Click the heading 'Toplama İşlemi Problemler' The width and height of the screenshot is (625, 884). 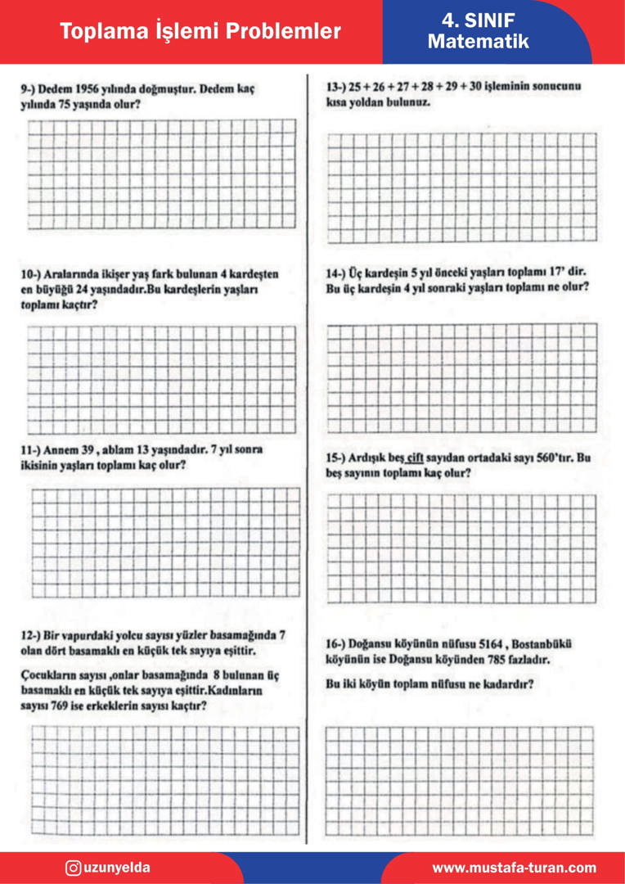(x=200, y=31)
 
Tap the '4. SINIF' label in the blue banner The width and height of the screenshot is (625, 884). (x=478, y=20)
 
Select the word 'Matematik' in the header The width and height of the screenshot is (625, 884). (x=478, y=42)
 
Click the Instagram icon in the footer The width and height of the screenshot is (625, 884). (x=73, y=868)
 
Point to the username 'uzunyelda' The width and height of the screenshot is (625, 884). (x=117, y=868)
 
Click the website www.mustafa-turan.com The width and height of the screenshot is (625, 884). (x=514, y=868)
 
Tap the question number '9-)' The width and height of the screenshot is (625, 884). (x=30, y=89)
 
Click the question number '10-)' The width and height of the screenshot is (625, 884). (x=34, y=274)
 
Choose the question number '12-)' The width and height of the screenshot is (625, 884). (x=34, y=634)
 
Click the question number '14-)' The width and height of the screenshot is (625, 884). (x=335, y=272)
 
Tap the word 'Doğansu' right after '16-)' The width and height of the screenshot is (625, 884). (x=380, y=644)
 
